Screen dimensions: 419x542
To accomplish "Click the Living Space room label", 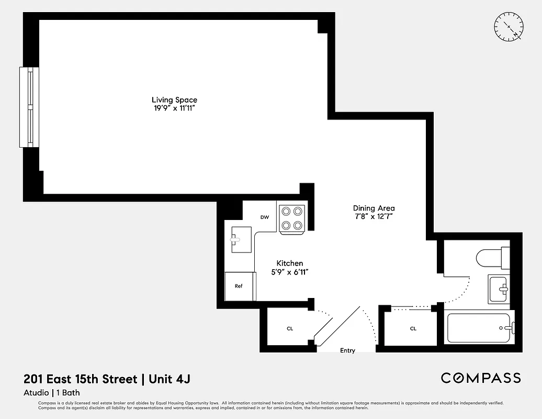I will pyautogui.click(x=174, y=100).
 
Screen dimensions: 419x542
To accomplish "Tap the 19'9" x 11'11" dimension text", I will pyautogui.click(x=174, y=108).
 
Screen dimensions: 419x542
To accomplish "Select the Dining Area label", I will pyautogui.click(x=374, y=208).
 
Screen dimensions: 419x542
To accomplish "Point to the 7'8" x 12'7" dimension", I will pyautogui.click(x=374, y=216).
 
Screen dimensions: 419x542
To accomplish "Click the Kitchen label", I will pyautogui.click(x=289, y=263).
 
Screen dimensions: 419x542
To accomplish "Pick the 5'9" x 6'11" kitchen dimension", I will pyautogui.click(x=289, y=272).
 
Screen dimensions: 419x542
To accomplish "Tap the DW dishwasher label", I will pyautogui.click(x=265, y=217).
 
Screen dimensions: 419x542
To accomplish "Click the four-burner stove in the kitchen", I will pyautogui.click(x=292, y=218).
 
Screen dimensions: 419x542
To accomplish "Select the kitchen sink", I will pyautogui.click(x=238, y=240).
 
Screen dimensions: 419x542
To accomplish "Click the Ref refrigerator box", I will pyautogui.click(x=239, y=286).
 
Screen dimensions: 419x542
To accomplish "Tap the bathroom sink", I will pyautogui.click(x=499, y=289).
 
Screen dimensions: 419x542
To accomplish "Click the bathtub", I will pyautogui.click(x=479, y=328).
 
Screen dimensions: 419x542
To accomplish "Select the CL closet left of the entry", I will pyautogui.click(x=289, y=328).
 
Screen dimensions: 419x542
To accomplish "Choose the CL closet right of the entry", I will pyautogui.click(x=413, y=328).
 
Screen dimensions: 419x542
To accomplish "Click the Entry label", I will pyautogui.click(x=347, y=350).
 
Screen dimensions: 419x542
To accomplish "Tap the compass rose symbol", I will pyautogui.click(x=509, y=27).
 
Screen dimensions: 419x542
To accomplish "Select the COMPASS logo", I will pyautogui.click(x=480, y=378).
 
